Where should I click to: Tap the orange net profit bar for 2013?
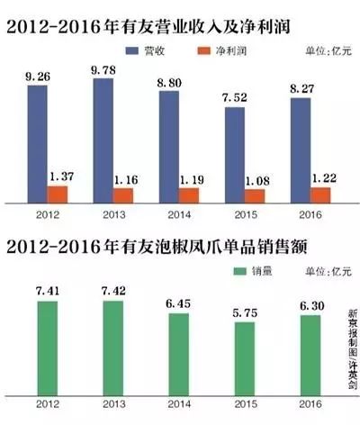click(123, 194)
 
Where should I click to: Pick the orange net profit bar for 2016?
click(319, 194)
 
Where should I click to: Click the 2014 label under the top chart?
click(178, 217)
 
